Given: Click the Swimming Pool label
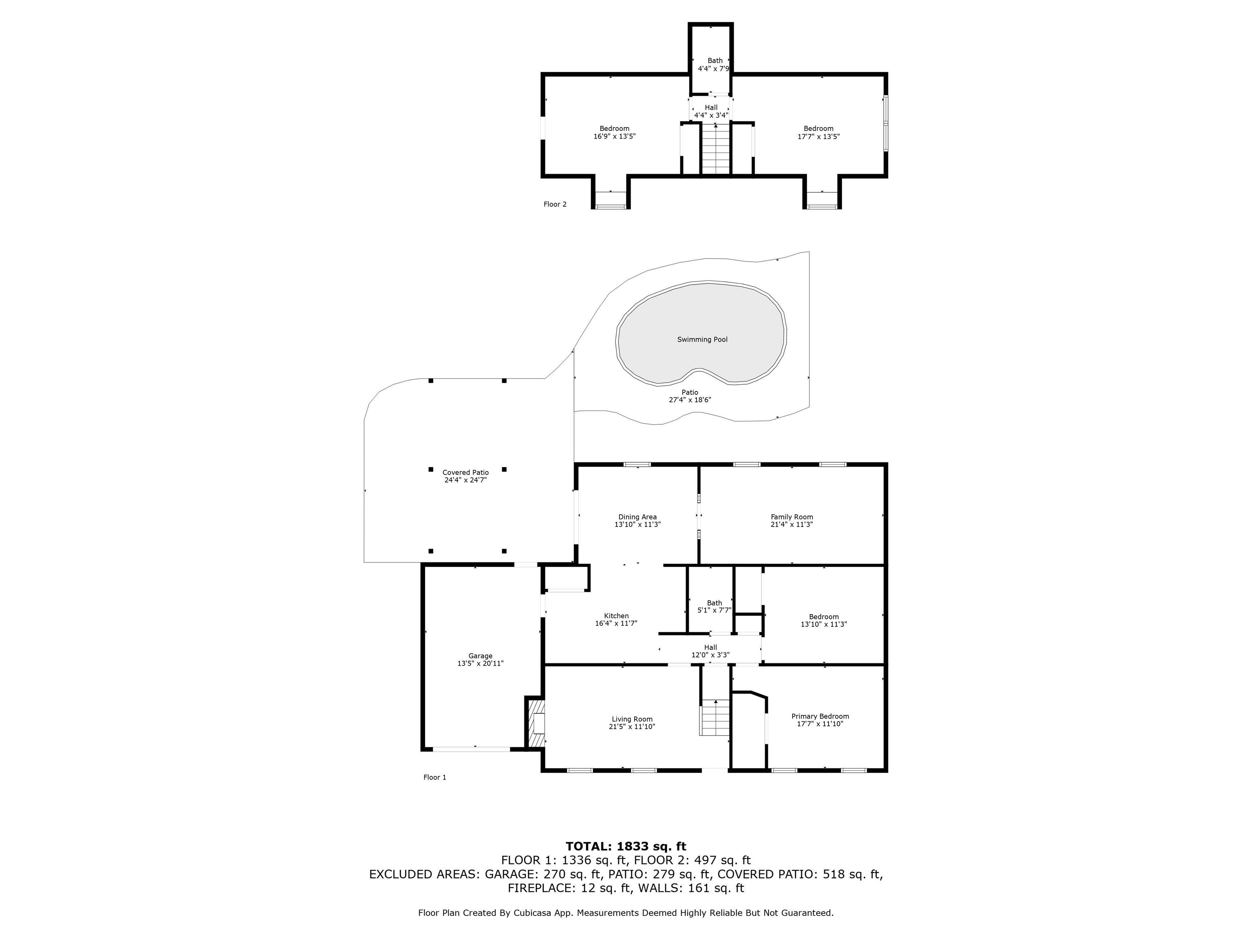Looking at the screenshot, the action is point(702,339).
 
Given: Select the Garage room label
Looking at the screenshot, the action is point(480,656).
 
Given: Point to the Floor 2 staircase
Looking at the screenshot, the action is point(716,149).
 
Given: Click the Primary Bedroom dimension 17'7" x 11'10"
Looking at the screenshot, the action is point(820,723).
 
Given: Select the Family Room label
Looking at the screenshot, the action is point(792,517).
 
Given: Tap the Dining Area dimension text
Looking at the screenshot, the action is point(637,524).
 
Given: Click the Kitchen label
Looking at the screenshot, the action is point(616,616).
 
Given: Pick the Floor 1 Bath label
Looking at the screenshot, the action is point(714,603).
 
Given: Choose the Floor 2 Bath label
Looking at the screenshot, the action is point(715,61).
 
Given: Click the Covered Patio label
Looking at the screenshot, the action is point(465,473).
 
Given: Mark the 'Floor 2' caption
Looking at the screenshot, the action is point(555,204).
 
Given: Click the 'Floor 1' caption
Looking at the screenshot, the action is point(435,777).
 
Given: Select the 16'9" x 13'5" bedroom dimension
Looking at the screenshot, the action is point(614,137).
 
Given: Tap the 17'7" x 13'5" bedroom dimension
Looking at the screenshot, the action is point(818,137).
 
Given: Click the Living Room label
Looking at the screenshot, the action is point(632,719).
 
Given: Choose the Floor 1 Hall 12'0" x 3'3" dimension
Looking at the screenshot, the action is point(710,655).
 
